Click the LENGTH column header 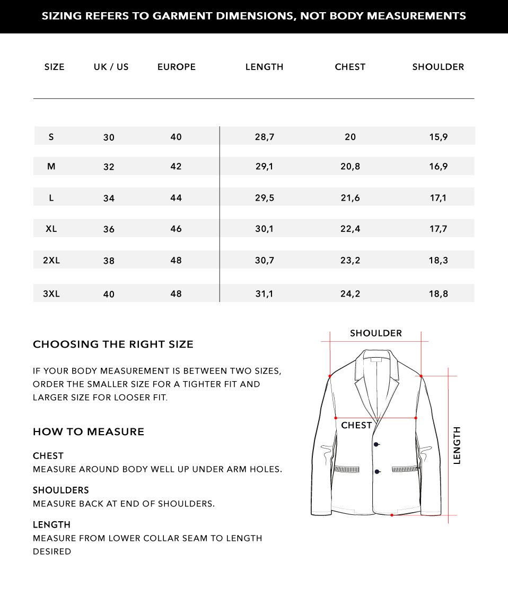pos(264,67)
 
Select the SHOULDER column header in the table pos(438,67)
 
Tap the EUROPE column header pos(177,67)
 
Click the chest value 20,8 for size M pos(350,167)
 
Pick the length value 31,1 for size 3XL pos(264,294)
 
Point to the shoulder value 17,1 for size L pos(438,198)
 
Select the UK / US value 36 pos(109,229)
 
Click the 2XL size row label pos(51,261)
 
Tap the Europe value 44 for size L pos(176,198)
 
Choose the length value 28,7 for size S pos(264,137)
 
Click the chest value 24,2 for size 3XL pos(350,294)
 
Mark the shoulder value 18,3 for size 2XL pos(438,261)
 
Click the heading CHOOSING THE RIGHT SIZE pos(113,344)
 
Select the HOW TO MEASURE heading pos(89,432)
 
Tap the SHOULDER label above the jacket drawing pos(376,333)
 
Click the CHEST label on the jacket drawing pos(356,426)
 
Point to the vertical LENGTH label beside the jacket pos(457,445)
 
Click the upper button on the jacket pos(376,444)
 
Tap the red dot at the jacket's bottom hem pos(392,515)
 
